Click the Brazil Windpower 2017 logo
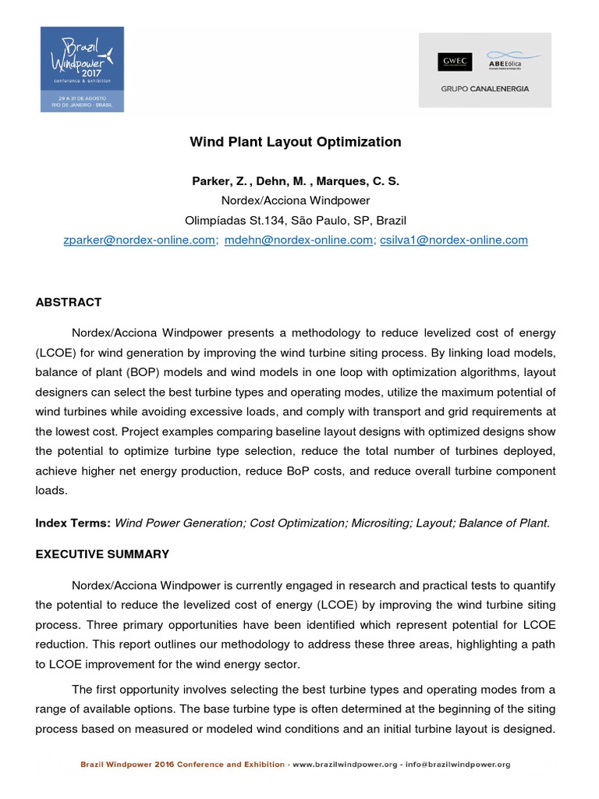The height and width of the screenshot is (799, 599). [x=82, y=69]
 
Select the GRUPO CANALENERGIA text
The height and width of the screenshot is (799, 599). [x=484, y=89]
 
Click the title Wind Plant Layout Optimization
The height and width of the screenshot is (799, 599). [x=296, y=142]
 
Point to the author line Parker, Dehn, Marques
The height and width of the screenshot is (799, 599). [x=296, y=181]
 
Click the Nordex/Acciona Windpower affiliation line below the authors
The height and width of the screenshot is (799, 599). [x=296, y=201]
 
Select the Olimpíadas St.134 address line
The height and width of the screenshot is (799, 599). [x=296, y=220]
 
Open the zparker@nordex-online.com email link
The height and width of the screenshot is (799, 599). [x=140, y=240]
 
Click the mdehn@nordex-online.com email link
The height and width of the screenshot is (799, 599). [x=299, y=240]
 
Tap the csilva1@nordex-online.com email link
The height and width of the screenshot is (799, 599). [x=453, y=240]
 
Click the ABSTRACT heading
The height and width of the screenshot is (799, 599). [x=69, y=302]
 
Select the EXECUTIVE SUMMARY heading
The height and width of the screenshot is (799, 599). [x=102, y=554]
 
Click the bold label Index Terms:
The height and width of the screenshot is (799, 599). [x=73, y=524]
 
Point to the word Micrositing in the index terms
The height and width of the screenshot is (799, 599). [x=380, y=524]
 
